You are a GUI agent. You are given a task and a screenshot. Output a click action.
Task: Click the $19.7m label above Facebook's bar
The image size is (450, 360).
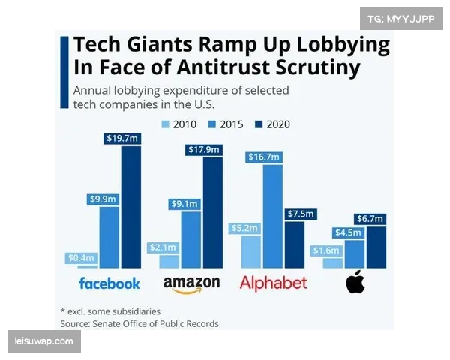point(121,139)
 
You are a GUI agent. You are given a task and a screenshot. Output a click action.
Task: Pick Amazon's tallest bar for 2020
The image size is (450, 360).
point(213,213)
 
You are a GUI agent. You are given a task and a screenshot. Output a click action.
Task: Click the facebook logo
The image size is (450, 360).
point(109,283)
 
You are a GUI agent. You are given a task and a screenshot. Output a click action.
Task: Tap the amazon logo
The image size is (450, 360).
point(191,284)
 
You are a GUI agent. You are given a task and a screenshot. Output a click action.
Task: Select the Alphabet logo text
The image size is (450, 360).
point(273,283)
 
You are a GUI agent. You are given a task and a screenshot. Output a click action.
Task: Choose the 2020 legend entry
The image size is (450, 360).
point(271,124)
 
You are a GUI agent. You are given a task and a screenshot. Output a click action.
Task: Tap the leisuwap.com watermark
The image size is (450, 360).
point(44,342)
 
